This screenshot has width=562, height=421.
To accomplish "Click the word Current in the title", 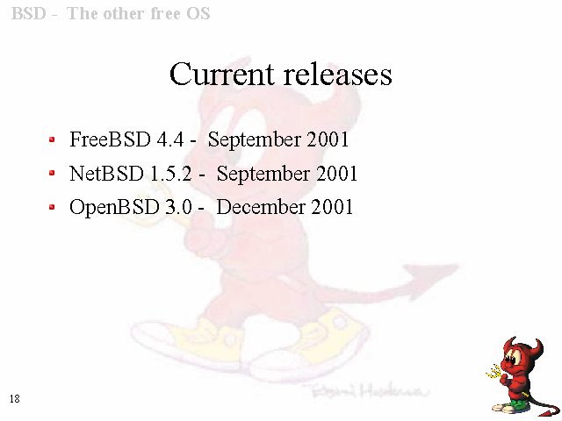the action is tap(222, 74).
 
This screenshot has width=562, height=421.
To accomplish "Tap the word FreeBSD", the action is tap(110, 139).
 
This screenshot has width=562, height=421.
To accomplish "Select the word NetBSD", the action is tap(106, 174).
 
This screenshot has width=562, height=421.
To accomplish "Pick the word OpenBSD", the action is tap(114, 208).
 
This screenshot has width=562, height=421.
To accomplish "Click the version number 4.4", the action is tap(170, 139).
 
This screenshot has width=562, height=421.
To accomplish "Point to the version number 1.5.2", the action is tap(171, 174).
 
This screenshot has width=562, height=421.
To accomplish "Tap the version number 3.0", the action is tap(178, 207).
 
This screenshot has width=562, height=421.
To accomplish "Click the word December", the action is tap(261, 207).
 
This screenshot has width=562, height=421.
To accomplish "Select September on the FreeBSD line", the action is tap(254, 139).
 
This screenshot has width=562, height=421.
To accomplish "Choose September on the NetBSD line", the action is tap(263, 174).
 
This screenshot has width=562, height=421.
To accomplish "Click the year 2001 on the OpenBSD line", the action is tap(332, 207).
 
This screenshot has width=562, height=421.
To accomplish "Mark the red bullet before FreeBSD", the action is tap(52, 139).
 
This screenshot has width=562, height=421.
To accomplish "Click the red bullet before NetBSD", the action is tap(52, 174).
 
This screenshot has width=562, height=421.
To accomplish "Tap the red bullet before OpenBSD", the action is tap(52, 207).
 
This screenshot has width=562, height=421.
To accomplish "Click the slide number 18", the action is tap(15, 399).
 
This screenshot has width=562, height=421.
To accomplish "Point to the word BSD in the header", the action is tap(29, 14).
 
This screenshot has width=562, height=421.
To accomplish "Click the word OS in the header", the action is tap(198, 14).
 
